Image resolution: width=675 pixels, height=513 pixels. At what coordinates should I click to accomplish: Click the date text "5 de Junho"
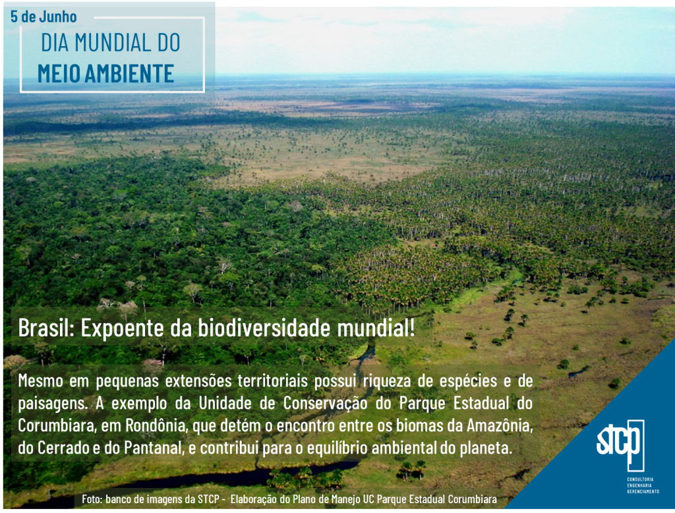tap(44, 16)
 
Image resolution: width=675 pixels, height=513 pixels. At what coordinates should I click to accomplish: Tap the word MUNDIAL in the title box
tap(109, 43)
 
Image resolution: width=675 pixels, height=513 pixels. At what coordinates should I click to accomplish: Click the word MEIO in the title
tap(59, 74)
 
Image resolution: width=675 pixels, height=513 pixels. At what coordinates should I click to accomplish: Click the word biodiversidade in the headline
tap(264, 328)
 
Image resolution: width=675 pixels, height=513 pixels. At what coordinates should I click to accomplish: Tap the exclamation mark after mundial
tap(413, 328)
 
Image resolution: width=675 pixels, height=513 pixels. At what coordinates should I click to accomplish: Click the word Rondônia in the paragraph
tap(157, 425)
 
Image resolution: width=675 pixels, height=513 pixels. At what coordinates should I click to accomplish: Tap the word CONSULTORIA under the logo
tap(640, 479)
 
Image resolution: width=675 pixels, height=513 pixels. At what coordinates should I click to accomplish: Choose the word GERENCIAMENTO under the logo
tap(643, 491)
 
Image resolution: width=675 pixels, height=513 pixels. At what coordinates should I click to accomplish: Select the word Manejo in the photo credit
tap(347, 500)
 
